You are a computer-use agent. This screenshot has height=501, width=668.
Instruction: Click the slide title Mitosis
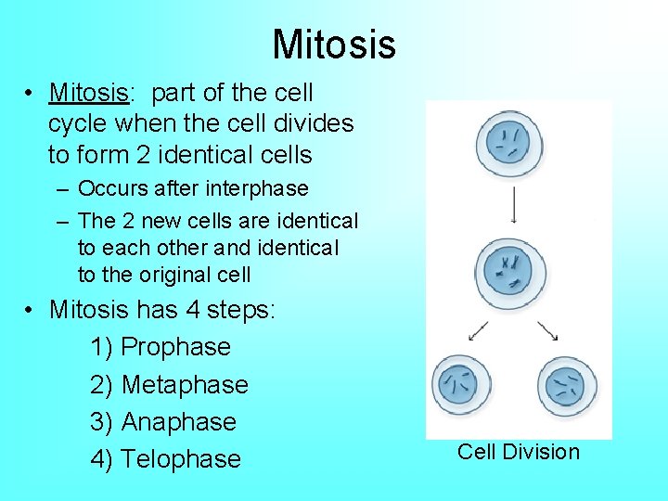pos(334,44)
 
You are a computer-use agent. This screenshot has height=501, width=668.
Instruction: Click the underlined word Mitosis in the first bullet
pos(87,93)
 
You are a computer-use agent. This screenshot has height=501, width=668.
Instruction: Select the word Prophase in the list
pos(175,347)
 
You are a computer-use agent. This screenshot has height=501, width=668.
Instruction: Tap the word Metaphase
pos(185,384)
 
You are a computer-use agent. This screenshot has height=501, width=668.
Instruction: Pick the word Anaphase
pos(178,421)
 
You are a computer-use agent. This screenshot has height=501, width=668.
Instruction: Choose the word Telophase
pos(181,458)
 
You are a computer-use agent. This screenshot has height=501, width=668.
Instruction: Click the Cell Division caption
pos(518,452)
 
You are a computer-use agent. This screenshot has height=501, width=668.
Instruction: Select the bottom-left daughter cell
pos(461,384)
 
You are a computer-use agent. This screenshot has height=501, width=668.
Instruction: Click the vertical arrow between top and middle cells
pos(513,204)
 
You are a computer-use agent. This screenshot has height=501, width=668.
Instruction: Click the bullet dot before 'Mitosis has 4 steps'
pos(32,310)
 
